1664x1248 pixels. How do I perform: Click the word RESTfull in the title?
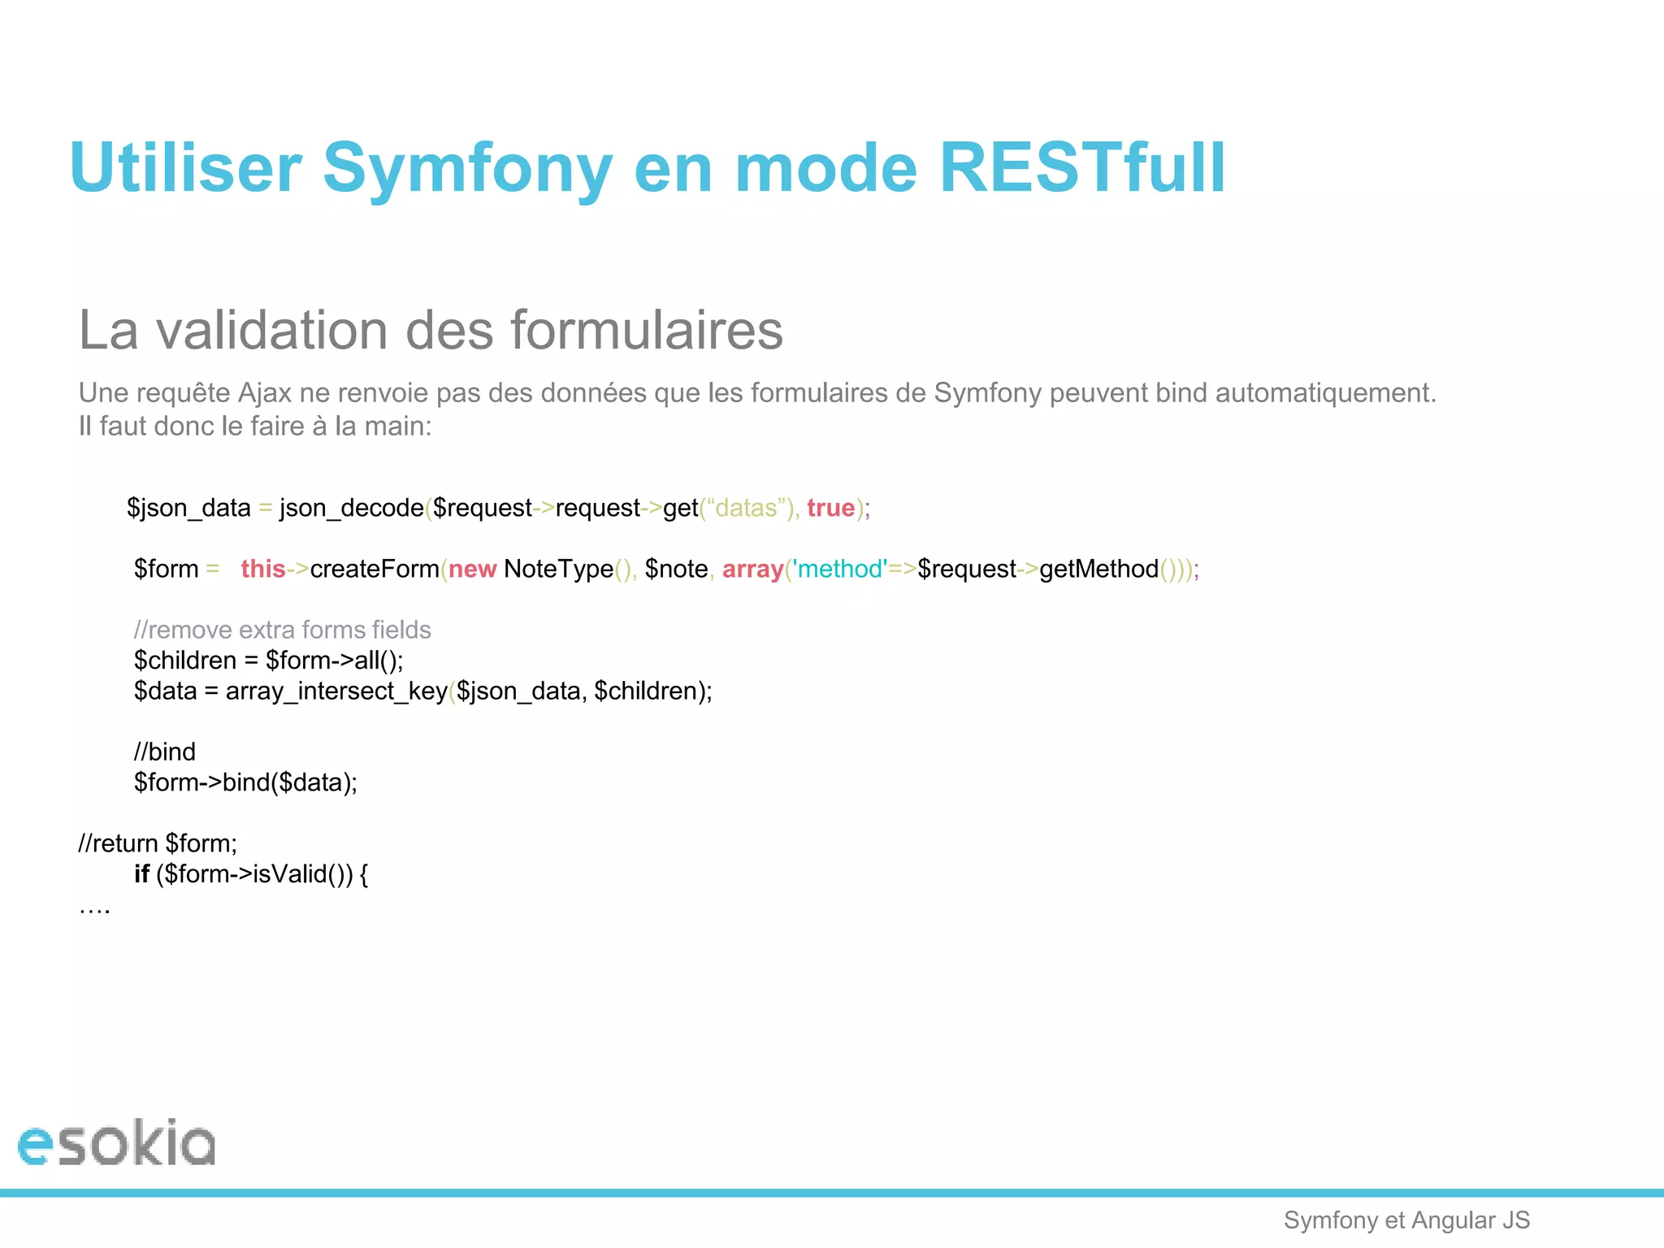1081,168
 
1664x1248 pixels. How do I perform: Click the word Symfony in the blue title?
467,168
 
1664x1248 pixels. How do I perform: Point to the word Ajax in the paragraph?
264,393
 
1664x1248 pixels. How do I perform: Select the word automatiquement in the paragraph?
1325,393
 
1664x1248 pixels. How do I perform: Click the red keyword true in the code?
830,508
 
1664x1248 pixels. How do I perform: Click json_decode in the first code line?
351,508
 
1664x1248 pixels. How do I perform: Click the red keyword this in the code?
262,569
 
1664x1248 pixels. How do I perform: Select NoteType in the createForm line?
558,569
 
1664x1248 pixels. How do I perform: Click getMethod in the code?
1098,569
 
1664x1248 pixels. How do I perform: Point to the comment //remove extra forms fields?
282,630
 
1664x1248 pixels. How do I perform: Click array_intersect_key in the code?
336,691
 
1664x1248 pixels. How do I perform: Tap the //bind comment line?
165,752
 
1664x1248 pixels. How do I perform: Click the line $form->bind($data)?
245,782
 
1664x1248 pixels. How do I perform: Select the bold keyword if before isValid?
141,874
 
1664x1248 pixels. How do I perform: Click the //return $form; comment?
158,843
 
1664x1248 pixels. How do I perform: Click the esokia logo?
116,1143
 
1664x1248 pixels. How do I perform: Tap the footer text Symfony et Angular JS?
1406,1220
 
